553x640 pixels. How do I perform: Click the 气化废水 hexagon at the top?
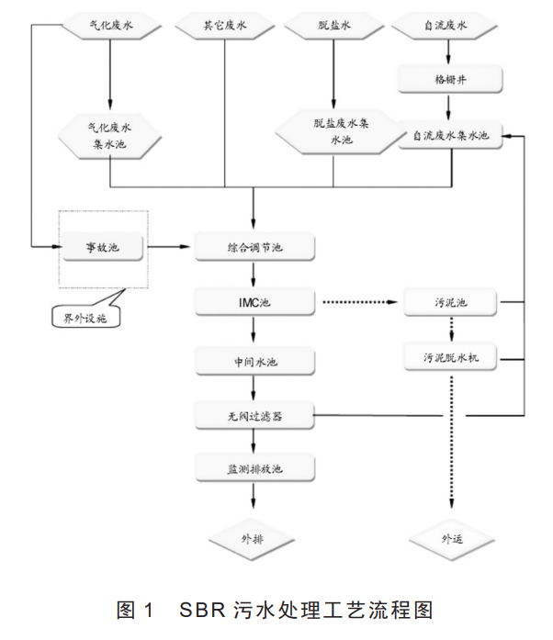point(110,27)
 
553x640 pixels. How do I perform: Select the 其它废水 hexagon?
point(225,27)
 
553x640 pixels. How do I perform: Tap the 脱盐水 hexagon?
point(333,27)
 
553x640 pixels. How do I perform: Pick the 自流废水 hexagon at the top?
point(448,27)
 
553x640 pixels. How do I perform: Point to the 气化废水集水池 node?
point(110,136)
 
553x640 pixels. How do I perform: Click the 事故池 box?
point(104,247)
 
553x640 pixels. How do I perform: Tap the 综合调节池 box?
point(254,247)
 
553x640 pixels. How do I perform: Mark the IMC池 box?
point(254,301)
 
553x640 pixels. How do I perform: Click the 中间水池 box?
point(254,361)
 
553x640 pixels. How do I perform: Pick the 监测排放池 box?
point(254,469)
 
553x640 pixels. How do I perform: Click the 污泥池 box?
point(451,301)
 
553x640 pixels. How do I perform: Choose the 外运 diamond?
point(451,538)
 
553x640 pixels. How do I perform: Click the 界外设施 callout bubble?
point(85,316)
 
